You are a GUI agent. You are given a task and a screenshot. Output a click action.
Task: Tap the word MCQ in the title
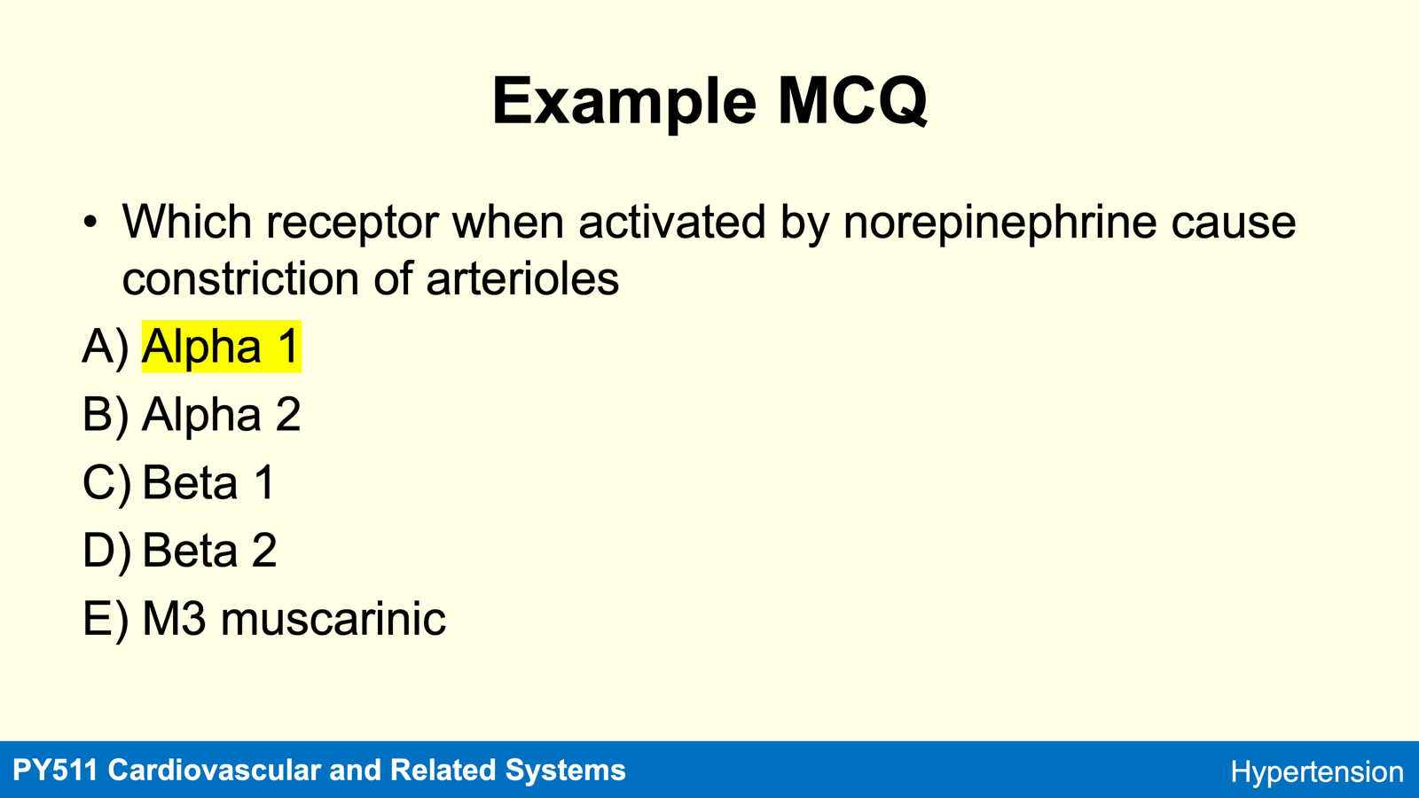point(852,101)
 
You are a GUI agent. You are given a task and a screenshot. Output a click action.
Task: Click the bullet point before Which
point(90,223)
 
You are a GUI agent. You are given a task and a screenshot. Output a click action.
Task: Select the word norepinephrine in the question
point(1000,223)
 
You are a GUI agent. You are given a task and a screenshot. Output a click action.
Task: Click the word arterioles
point(522,278)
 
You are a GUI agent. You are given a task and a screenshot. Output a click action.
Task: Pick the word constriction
point(240,278)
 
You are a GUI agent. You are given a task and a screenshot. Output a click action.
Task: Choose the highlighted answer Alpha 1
point(221,347)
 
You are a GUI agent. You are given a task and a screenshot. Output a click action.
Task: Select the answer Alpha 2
point(221,415)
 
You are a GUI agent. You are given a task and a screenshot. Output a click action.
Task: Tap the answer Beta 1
point(208,482)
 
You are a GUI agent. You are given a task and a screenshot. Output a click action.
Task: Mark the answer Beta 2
point(209,551)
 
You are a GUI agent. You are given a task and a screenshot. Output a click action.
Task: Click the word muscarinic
point(333,619)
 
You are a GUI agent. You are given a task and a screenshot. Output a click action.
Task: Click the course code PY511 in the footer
point(55,771)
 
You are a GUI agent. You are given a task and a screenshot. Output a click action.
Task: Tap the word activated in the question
point(672,222)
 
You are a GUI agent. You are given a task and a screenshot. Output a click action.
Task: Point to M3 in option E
point(174,619)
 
